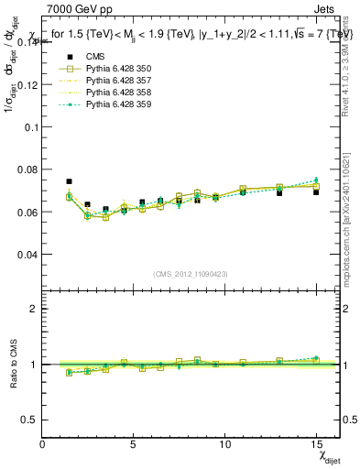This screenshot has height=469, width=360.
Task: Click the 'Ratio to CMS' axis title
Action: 13,365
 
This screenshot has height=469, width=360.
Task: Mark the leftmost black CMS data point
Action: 70,181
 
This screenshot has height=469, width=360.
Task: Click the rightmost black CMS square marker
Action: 316,192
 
